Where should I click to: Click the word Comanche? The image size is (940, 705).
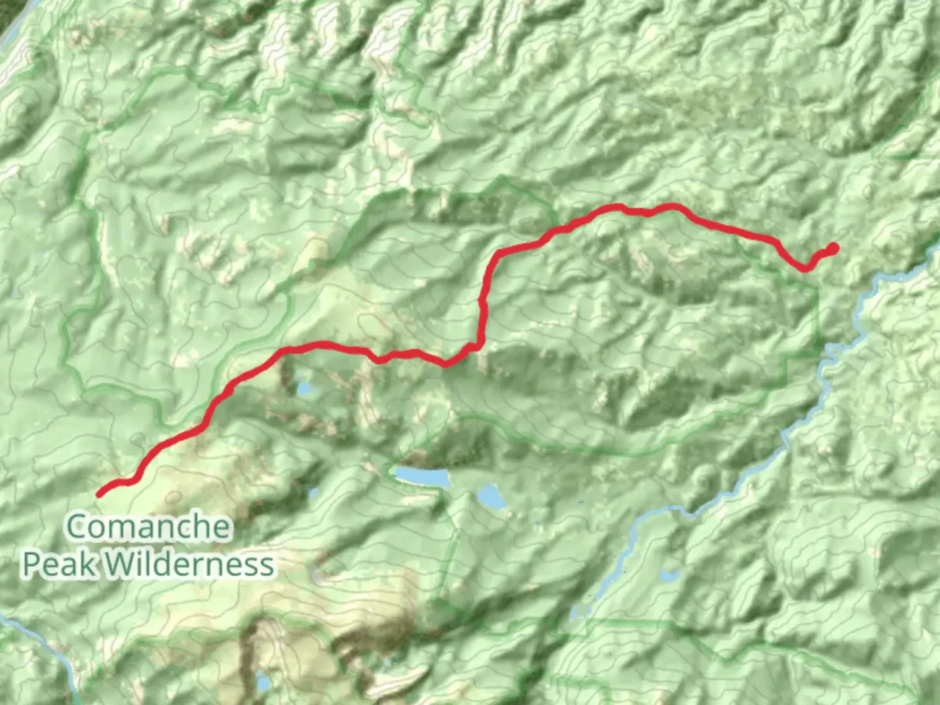coord(149,527)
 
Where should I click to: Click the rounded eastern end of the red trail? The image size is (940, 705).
coord(833,247)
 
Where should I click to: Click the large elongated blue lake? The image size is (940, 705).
coord(422,477)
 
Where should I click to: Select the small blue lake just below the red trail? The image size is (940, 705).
coord(304,390)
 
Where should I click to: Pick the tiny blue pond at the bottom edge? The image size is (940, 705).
coord(263,682)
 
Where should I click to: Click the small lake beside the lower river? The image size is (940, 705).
coord(668,576)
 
